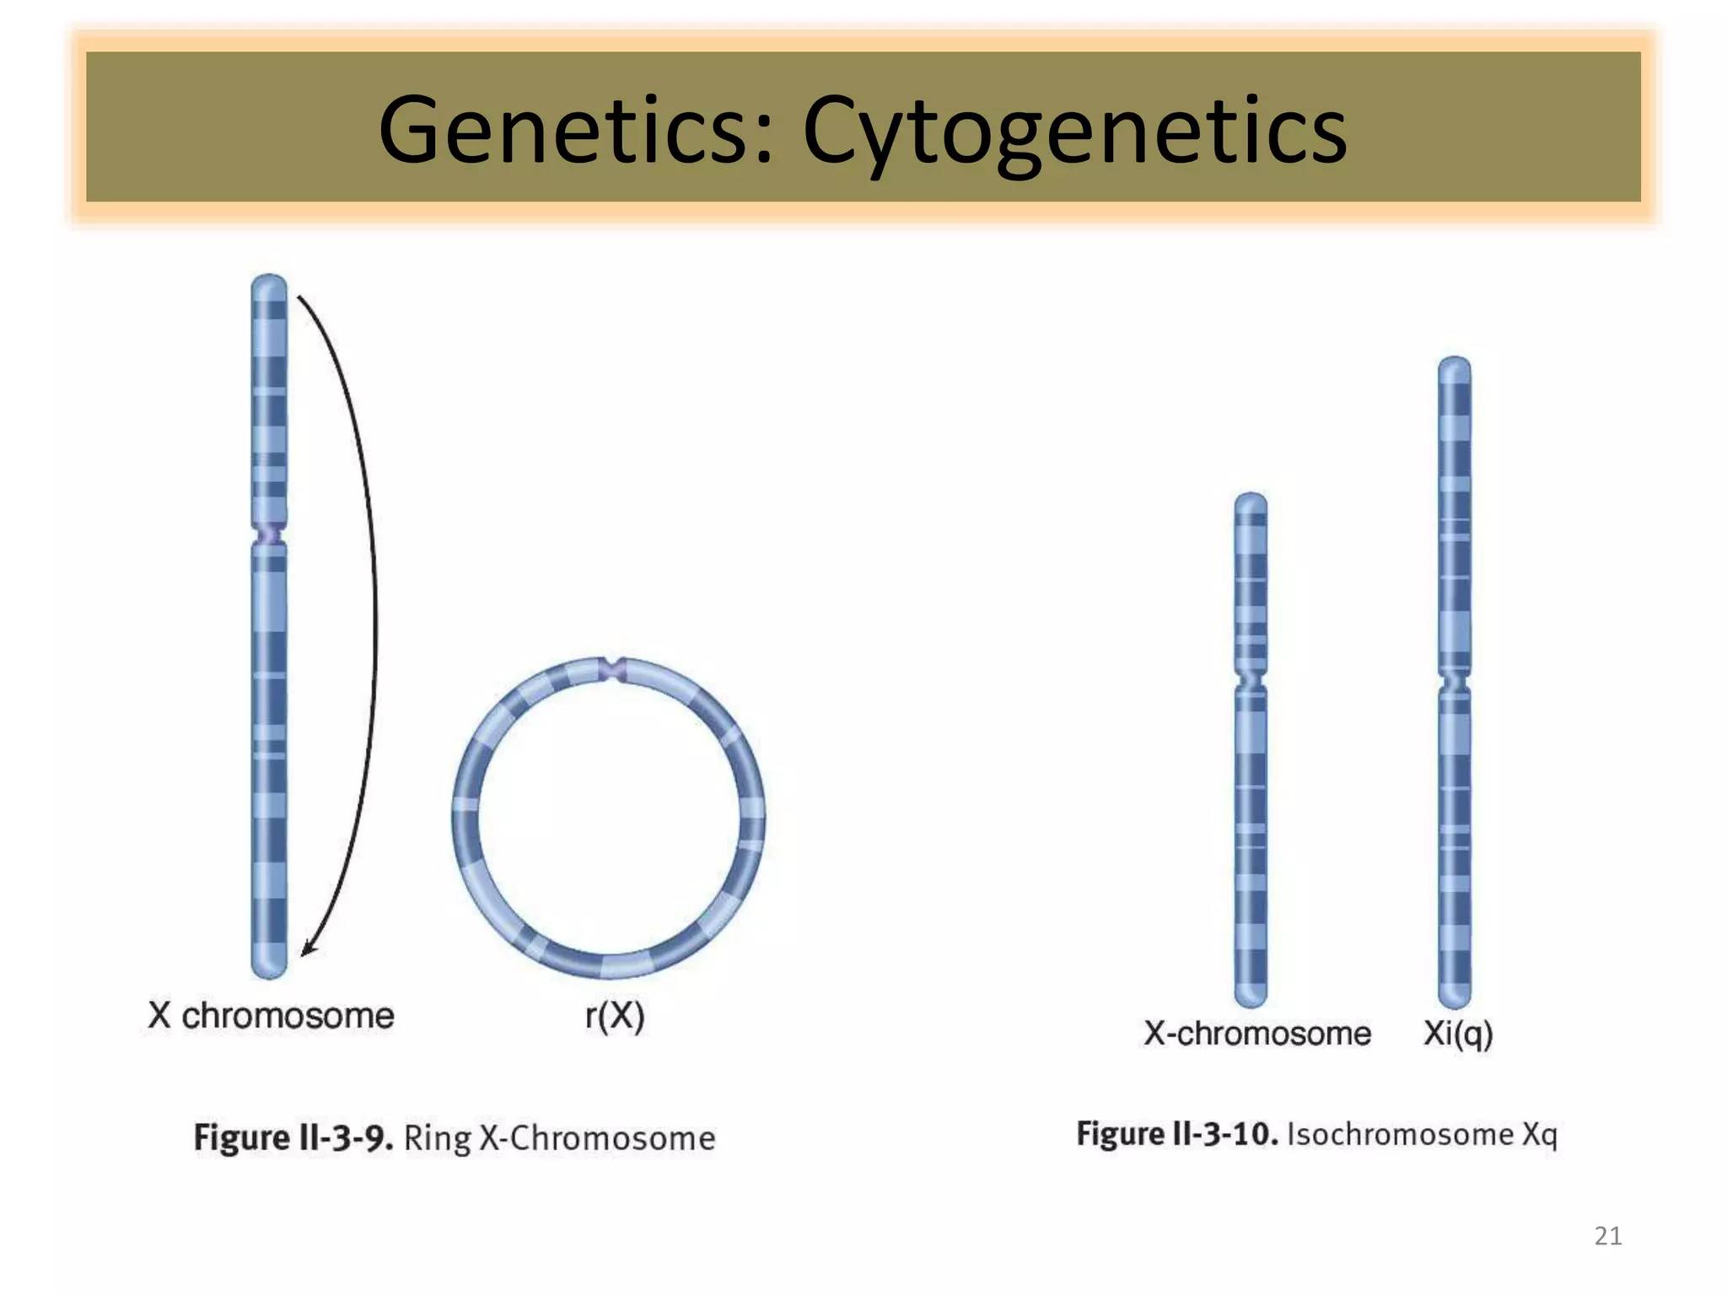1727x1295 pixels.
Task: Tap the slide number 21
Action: coord(1607,1236)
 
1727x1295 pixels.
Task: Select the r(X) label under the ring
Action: coord(615,1016)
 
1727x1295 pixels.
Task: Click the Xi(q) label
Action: coord(1458,1034)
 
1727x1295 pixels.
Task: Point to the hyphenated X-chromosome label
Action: coord(1256,1034)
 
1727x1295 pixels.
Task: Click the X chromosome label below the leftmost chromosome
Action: coord(271,1016)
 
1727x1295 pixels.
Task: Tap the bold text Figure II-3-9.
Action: coord(293,1137)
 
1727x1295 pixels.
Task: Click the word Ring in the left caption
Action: coord(438,1138)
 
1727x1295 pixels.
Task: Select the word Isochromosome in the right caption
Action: coord(1400,1134)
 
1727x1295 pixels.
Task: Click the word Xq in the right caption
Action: coord(1540,1135)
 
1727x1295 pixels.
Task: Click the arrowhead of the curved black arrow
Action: coord(308,949)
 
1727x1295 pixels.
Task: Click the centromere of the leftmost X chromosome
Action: coord(270,535)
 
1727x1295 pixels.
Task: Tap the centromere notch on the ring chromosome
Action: coord(612,669)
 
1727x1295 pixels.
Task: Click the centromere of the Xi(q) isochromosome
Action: coord(1455,680)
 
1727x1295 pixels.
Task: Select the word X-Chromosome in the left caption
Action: coord(597,1138)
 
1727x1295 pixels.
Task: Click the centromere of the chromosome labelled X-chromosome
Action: coord(1251,680)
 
